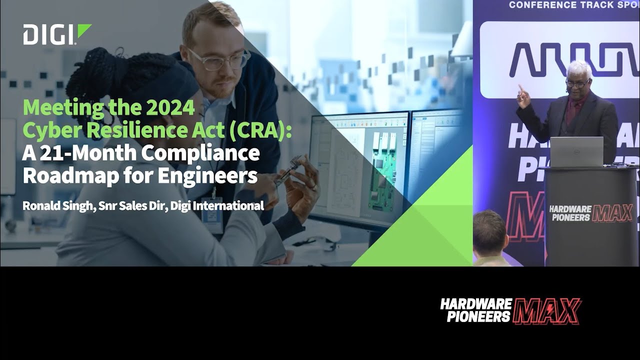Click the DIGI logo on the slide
pyautogui.click(x=56, y=34)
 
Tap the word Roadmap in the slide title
pyautogui.click(x=58, y=176)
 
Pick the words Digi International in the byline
pyautogui.click(x=217, y=205)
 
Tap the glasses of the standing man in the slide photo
pyautogui.click(x=219, y=59)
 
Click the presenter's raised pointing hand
pyautogui.click(x=522, y=95)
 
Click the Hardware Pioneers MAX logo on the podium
pyautogui.click(x=590, y=212)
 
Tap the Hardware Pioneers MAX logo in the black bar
pyautogui.click(x=510, y=310)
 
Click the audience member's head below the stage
pyautogui.click(x=490, y=232)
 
